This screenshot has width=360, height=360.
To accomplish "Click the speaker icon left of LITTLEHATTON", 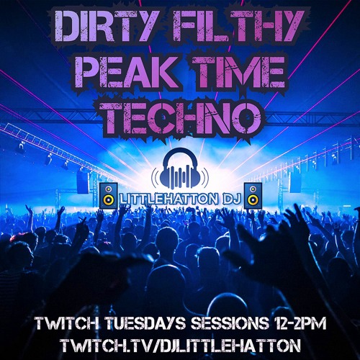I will pyautogui.click(x=108, y=195).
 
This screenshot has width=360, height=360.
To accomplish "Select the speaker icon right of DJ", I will pyautogui.click(x=253, y=195).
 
